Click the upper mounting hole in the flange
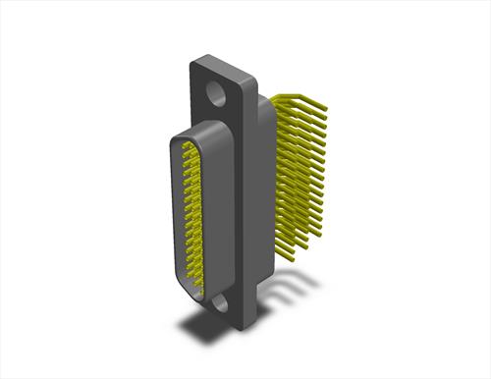pos(215,96)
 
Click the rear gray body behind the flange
pos(266,196)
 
